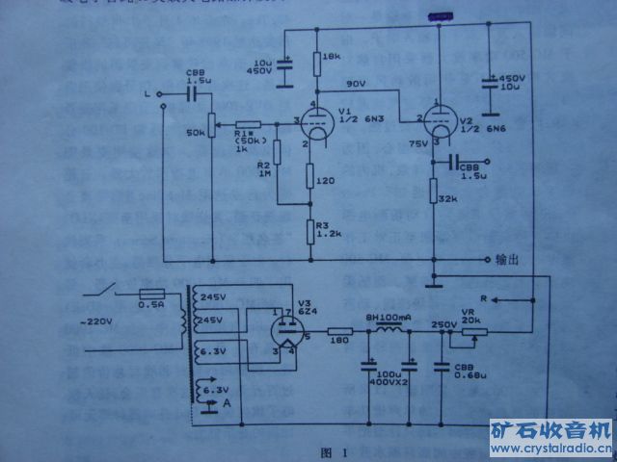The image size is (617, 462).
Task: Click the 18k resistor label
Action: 331,59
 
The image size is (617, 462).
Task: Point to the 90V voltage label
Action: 355,85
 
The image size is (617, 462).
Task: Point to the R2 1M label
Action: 263,169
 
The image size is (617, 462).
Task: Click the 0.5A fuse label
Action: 151,305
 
